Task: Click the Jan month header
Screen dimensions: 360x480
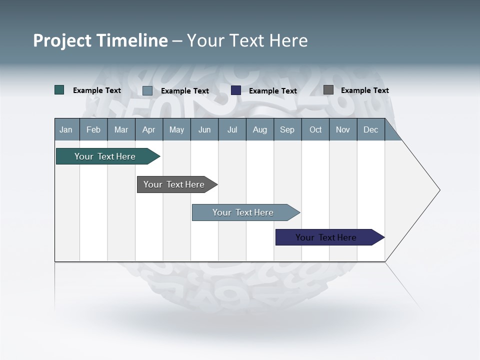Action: (66, 129)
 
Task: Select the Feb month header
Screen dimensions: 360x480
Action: (93, 129)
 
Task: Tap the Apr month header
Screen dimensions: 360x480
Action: (148, 129)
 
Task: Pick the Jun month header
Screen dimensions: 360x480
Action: (204, 129)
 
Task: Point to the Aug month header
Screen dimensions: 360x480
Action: (259, 129)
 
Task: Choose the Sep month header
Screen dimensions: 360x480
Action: (287, 129)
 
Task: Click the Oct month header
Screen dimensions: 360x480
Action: (315, 129)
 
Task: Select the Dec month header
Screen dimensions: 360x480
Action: (370, 129)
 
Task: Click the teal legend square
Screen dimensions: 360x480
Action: (59, 90)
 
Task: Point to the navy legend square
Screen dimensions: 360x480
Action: (236, 90)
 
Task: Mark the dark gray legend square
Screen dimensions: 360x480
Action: (328, 90)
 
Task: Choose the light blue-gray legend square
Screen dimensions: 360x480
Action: (147, 90)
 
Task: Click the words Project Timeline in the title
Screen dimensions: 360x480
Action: (100, 40)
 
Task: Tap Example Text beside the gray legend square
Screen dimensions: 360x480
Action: (364, 90)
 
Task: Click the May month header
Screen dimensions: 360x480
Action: (176, 129)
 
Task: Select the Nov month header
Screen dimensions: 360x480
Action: (343, 129)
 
